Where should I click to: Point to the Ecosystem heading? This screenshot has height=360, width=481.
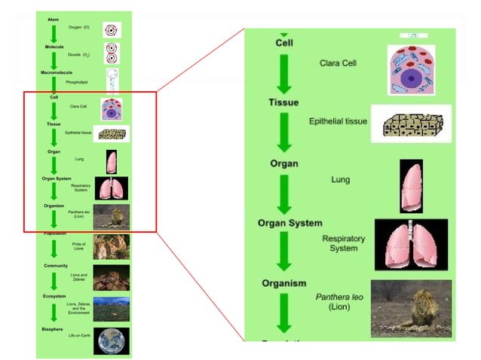click(x=54, y=296)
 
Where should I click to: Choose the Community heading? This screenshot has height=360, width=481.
click(x=55, y=266)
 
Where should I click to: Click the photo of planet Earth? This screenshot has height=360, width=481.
click(x=111, y=340)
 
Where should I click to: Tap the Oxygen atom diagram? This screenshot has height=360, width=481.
click(x=112, y=30)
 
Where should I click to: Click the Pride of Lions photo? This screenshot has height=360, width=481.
click(x=111, y=246)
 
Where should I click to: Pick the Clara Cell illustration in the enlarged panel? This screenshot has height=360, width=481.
click(x=412, y=69)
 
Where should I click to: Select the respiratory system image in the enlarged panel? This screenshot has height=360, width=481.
click(x=411, y=245)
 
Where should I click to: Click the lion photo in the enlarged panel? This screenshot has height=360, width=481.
click(x=411, y=308)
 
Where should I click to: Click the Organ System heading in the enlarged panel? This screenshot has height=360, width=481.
click(x=290, y=223)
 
